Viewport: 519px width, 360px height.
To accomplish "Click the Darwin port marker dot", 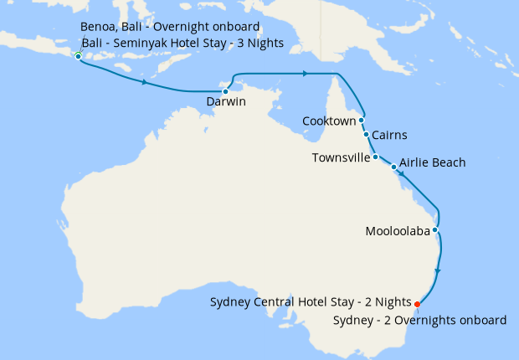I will pyautogui.click(x=225, y=91).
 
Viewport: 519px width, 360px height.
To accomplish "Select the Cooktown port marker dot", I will pyautogui.click(x=362, y=120).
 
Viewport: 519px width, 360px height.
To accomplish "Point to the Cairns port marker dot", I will pyautogui.click(x=366, y=134).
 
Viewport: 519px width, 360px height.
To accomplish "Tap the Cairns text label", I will pyautogui.click(x=390, y=134).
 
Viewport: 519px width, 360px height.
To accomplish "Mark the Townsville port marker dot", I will pyautogui.click(x=376, y=157).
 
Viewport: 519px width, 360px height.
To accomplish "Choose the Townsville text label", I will pyautogui.click(x=341, y=157).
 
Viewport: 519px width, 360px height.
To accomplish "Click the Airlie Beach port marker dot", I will pyautogui.click(x=394, y=167).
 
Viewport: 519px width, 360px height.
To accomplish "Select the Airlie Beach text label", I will pyautogui.click(x=433, y=162).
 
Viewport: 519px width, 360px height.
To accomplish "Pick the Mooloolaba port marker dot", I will pyautogui.click(x=435, y=230).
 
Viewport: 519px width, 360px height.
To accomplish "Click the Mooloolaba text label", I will pyautogui.click(x=398, y=231).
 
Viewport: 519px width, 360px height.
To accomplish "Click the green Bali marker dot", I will pyautogui.click(x=78, y=56).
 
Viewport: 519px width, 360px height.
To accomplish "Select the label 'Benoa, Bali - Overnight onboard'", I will pyautogui.click(x=170, y=27).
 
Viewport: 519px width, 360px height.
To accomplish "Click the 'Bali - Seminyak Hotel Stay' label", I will pyautogui.click(x=182, y=43).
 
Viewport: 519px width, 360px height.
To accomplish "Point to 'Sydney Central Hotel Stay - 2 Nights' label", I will pyautogui.click(x=310, y=302).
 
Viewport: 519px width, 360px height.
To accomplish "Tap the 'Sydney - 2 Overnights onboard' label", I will pyautogui.click(x=419, y=320).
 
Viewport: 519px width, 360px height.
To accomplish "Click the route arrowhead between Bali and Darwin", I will pyautogui.click(x=146, y=83).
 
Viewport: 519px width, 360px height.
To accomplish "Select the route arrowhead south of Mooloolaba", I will pyautogui.click(x=439, y=271).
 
